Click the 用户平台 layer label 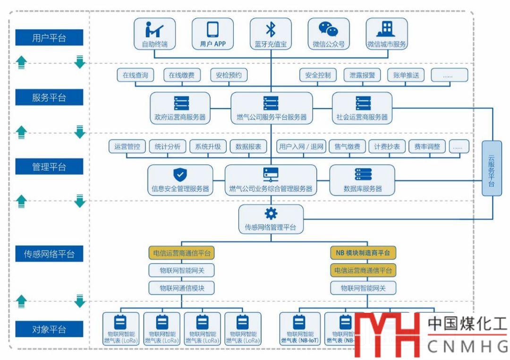pos(49,38)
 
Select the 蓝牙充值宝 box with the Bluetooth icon pos(271,34)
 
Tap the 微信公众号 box pos(329,34)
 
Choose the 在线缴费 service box pos(182,75)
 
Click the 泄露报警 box pos(362,75)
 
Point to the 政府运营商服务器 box pos(180,108)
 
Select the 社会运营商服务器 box pos(362,108)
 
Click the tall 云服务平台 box pos(492,168)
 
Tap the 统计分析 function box pos(168,146)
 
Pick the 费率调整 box pos(427,146)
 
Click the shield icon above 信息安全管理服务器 pos(180,174)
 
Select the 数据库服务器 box pos(362,180)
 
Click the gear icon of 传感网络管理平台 pos(271,214)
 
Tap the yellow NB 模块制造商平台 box pos(363,253)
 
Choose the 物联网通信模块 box pos(182,288)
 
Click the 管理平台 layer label pos(49,167)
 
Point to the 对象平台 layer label pos(49,329)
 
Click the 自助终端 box pos(154,34)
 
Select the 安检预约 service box pos(229,75)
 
